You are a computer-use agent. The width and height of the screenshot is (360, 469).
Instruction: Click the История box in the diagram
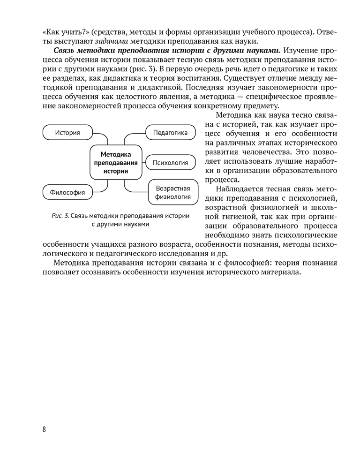(x=67, y=133)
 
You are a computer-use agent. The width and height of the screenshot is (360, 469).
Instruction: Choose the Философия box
(x=67, y=192)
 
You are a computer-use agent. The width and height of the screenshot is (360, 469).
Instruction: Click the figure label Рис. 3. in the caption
(x=60, y=216)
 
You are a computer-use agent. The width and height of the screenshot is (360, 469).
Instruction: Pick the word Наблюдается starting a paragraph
(x=240, y=189)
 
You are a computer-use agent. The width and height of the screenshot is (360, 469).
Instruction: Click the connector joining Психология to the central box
(x=144, y=163)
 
